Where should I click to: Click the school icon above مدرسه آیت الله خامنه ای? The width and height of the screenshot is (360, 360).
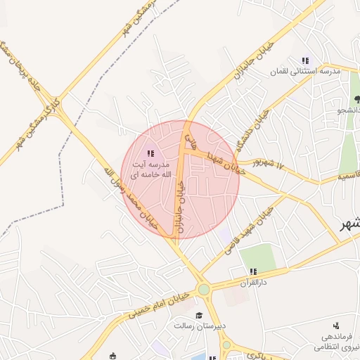point(150,153)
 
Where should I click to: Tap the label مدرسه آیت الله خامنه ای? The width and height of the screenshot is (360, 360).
point(150,169)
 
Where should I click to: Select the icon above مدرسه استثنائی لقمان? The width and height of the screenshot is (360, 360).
point(304,61)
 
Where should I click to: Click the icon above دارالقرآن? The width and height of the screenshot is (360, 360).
point(253,271)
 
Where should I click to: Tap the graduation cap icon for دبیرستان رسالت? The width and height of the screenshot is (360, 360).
point(199,316)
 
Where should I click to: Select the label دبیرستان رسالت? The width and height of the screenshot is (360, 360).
point(199,326)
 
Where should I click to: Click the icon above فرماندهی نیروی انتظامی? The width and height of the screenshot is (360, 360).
point(336,326)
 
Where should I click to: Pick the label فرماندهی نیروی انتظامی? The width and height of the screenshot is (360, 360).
point(337,340)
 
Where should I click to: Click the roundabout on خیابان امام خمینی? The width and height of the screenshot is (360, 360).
point(204,289)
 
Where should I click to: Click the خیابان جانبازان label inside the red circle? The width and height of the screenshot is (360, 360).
point(181,204)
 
